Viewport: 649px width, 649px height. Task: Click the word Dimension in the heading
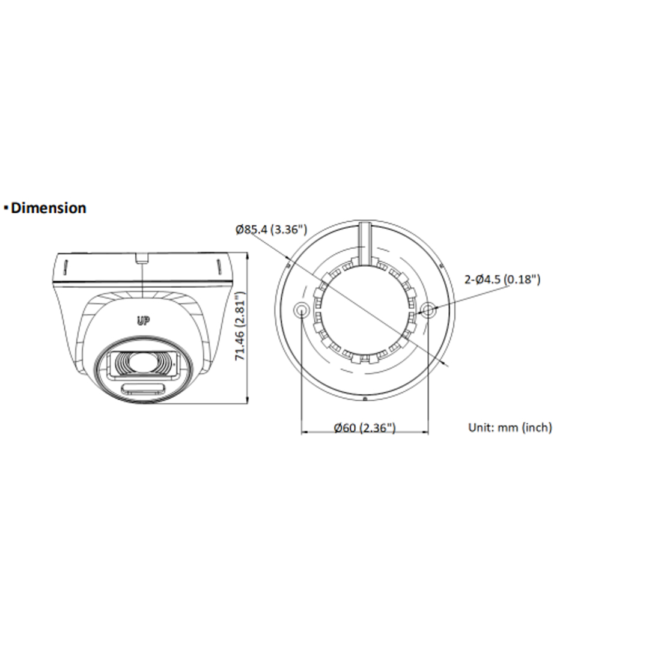49,208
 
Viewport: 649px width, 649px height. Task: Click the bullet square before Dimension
5,209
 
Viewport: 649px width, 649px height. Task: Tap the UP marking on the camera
143,321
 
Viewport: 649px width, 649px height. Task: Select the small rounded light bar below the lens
144,389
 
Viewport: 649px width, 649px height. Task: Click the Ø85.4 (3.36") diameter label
272,229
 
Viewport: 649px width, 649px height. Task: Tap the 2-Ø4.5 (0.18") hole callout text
502,279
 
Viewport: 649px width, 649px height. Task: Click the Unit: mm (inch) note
510,427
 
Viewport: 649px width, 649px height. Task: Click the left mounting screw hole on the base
302,310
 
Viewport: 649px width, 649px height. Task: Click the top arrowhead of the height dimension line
249,255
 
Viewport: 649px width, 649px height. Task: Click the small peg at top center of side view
141,258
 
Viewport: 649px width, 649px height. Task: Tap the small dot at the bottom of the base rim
365,398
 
